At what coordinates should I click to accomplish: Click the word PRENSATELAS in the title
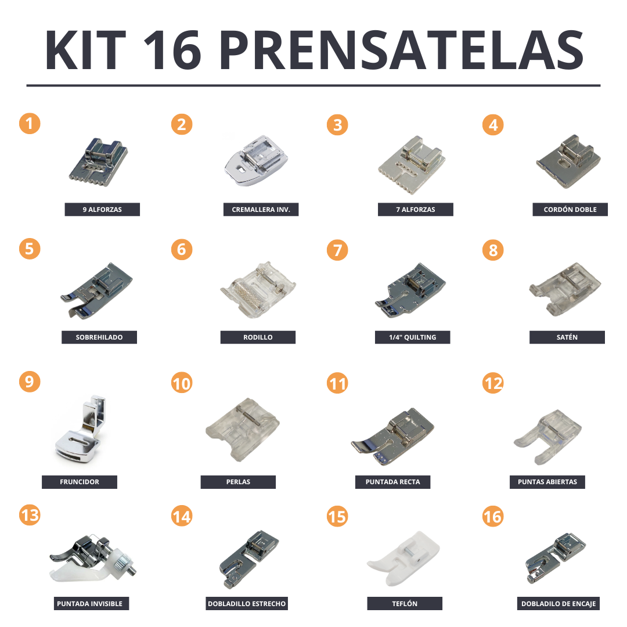tap(401, 51)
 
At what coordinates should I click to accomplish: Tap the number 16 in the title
tap(172, 51)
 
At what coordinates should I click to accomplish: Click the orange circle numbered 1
tap(30, 124)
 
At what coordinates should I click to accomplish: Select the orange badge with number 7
tap(337, 250)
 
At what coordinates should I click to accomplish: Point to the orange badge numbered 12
tap(493, 383)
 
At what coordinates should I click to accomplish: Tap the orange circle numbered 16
tap(493, 516)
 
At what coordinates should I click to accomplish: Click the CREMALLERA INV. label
tap(261, 210)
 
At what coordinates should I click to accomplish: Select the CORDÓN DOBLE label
tap(570, 210)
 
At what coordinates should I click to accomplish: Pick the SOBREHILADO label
tap(99, 337)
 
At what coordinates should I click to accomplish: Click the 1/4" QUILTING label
tap(412, 337)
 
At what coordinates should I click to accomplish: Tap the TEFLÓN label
tap(405, 603)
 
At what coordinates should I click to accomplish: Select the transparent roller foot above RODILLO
tap(258, 289)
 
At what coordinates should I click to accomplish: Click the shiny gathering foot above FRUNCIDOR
tap(80, 430)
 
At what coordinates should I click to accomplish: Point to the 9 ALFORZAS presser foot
tap(98, 163)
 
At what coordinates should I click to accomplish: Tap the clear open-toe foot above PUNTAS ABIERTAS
tap(547, 437)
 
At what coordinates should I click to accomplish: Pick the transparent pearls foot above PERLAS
tap(242, 430)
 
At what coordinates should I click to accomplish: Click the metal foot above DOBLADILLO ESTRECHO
tap(248, 559)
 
